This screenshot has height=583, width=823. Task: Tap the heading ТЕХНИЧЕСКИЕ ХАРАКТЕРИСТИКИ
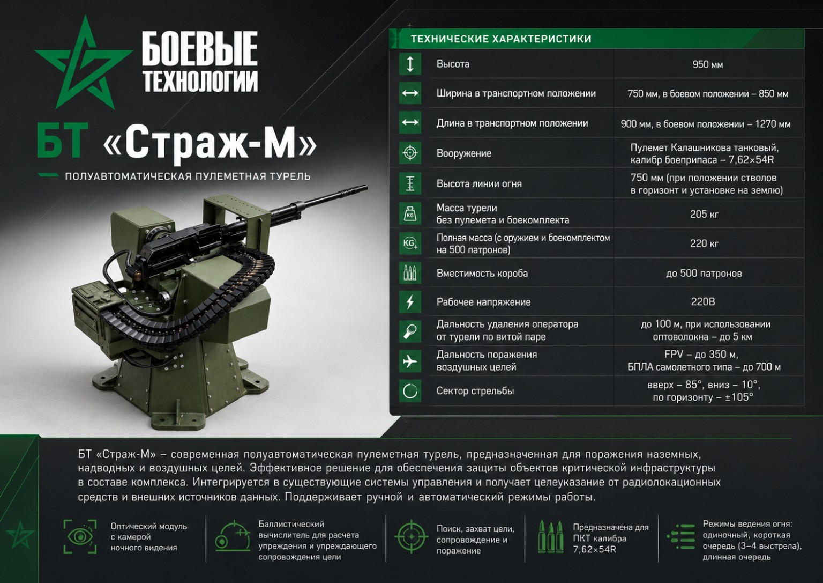501,39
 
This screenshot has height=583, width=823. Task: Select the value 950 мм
708,64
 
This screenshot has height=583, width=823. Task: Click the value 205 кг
704,213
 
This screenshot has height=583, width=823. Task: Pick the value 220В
703,301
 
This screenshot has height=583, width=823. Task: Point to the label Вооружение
463,153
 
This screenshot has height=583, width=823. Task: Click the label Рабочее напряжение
483,302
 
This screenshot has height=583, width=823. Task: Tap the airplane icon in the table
410,361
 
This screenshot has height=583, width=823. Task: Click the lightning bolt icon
410,302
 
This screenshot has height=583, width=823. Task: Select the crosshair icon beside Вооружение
410,153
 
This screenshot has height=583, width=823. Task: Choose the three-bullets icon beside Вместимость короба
410,273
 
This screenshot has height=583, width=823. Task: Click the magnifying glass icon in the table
410,331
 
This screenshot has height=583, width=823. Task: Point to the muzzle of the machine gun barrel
365,187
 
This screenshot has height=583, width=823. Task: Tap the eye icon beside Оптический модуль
80,537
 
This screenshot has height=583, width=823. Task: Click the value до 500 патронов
704,274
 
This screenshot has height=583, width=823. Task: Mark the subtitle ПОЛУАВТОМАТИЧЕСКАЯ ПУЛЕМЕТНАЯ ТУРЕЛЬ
188,176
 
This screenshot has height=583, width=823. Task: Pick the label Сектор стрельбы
475,390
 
